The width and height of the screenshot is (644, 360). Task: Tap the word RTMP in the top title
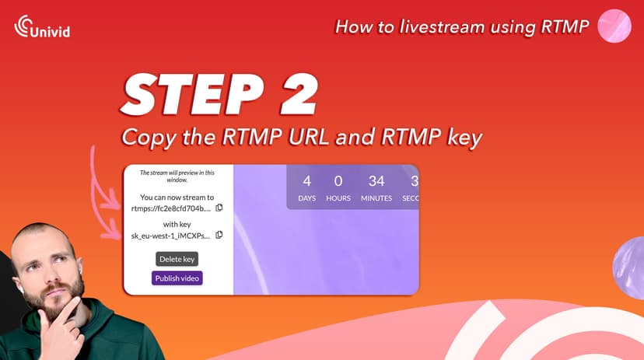tap(559, 26)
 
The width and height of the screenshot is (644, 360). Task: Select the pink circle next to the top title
tap(614, 26)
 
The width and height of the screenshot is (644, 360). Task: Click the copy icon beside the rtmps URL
tap(219, 208)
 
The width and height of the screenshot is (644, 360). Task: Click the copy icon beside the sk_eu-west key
tap(219, 235)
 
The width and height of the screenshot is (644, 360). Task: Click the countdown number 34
tap(376, 181)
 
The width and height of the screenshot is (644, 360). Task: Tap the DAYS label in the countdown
tap(307, 198)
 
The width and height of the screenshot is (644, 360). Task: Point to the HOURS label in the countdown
tap(338, 198)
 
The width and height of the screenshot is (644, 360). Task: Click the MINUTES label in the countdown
tap(376, 198)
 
